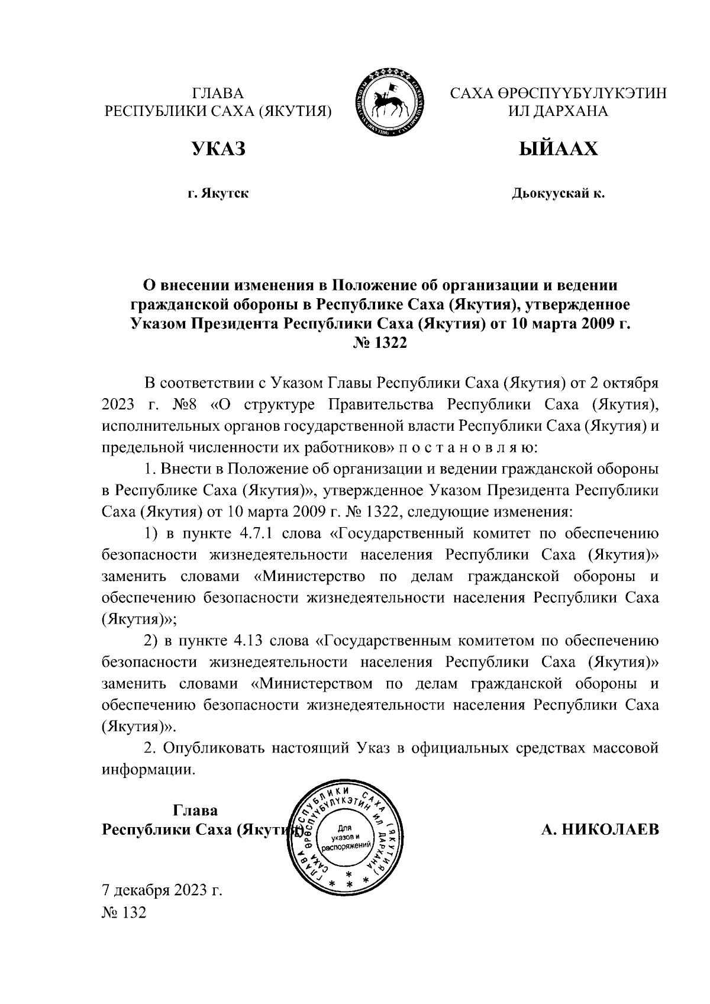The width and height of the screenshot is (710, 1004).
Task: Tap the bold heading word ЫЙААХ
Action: point(558,149)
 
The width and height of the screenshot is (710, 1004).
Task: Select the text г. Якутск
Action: point(218,193)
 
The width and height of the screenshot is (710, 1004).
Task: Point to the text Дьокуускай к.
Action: point(558,193)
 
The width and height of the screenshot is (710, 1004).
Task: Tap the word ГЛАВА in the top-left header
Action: point(218,93)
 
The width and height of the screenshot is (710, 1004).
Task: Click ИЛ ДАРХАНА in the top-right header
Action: point(558,111)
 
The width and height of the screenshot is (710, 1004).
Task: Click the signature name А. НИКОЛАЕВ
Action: point(600,829)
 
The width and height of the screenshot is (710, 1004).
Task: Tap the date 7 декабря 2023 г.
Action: point(162,890)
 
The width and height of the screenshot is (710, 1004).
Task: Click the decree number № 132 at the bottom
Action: point(124,913)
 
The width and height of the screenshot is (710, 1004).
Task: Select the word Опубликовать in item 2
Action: point(214,748)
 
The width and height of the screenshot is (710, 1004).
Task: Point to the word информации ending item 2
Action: point(148,769)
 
